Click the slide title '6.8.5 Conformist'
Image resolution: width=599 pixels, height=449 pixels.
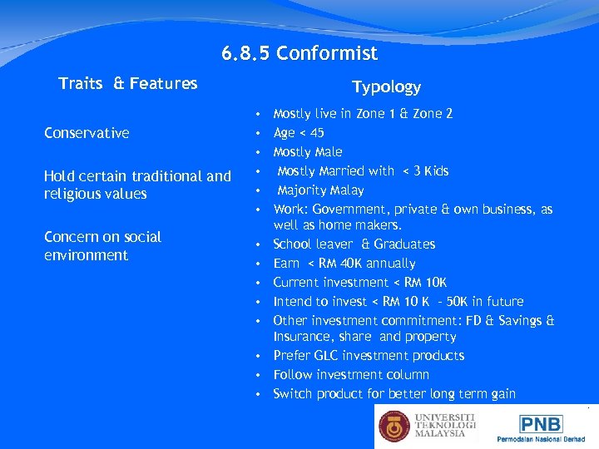click(299, 54)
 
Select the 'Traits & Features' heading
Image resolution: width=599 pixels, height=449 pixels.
click(128, 83)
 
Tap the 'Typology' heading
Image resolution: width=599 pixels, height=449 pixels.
click(386, 86)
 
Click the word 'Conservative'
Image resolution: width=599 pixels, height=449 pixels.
click(87, 133)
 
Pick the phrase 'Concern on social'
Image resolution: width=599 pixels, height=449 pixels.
click(102, 237)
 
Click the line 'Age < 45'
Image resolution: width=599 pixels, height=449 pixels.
click(299, 133)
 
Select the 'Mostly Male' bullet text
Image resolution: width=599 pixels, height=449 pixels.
click(307, 152)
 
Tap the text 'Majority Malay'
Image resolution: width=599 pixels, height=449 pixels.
click(320, 190)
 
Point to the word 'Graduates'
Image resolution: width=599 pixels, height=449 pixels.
click(404, 244)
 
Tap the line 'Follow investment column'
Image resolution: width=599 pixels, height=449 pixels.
click(351, 375)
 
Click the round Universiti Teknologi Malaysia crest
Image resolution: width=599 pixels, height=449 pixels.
click(394, 426)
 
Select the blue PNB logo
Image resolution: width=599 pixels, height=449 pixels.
click(542, 424)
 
